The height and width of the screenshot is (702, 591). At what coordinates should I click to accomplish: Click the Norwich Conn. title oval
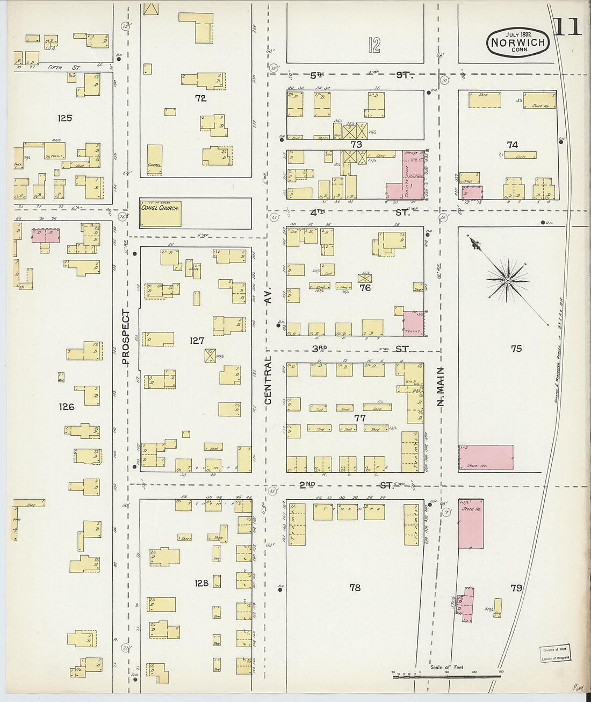(x=517, y=42)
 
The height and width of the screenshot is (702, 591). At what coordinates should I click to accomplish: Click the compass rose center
(x=508, y=280)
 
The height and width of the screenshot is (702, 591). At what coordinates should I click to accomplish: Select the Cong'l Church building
(x=160, y=213)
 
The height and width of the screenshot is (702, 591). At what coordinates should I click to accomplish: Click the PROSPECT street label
(x=126, y=337)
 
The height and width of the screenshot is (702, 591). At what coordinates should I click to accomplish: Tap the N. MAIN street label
(x=441, y=386)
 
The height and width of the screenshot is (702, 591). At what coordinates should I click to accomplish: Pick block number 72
(x=200, y=98)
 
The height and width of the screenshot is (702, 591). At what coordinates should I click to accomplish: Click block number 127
(x=197, y=341)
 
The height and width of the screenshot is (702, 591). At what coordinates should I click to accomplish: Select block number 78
(x=355, y=587)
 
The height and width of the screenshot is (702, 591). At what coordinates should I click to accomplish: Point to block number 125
(x=64, y=118)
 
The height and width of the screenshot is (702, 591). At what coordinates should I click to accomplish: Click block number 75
(x=516, y=349)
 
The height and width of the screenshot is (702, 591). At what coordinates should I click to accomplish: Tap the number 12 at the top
(x=374, y=45)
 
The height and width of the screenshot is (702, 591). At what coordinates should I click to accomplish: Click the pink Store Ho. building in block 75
(x=486, y=457)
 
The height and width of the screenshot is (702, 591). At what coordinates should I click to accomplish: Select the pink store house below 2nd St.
(x=471, y=523)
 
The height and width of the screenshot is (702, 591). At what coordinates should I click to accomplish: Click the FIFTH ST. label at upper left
(x=63, y=68)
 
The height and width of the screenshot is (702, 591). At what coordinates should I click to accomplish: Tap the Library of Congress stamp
(x=555, y=654)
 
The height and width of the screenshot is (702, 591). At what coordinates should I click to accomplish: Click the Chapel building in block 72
(x=155, y=157)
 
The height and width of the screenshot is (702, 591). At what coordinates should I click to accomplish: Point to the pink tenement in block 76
(x=413, y=324)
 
